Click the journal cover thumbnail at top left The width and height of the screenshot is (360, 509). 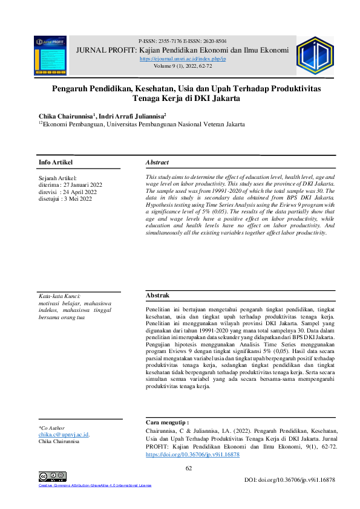[50, 55]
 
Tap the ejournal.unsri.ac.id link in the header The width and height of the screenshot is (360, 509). [182, 59]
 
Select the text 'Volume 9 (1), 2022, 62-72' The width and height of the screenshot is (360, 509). [182, 66]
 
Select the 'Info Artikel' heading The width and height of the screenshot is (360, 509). [55, 163]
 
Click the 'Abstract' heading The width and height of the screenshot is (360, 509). [157, 163]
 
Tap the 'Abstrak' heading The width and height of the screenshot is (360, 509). [157, 295]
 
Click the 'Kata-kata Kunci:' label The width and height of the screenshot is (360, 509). [59, 296]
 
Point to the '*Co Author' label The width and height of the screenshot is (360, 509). [51, 428]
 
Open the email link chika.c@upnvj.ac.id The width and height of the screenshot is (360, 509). [64, 435]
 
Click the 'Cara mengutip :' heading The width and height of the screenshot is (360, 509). [168, 422]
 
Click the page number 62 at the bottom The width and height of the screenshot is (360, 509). [188, 468]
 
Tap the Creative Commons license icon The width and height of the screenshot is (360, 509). [52, 477]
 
